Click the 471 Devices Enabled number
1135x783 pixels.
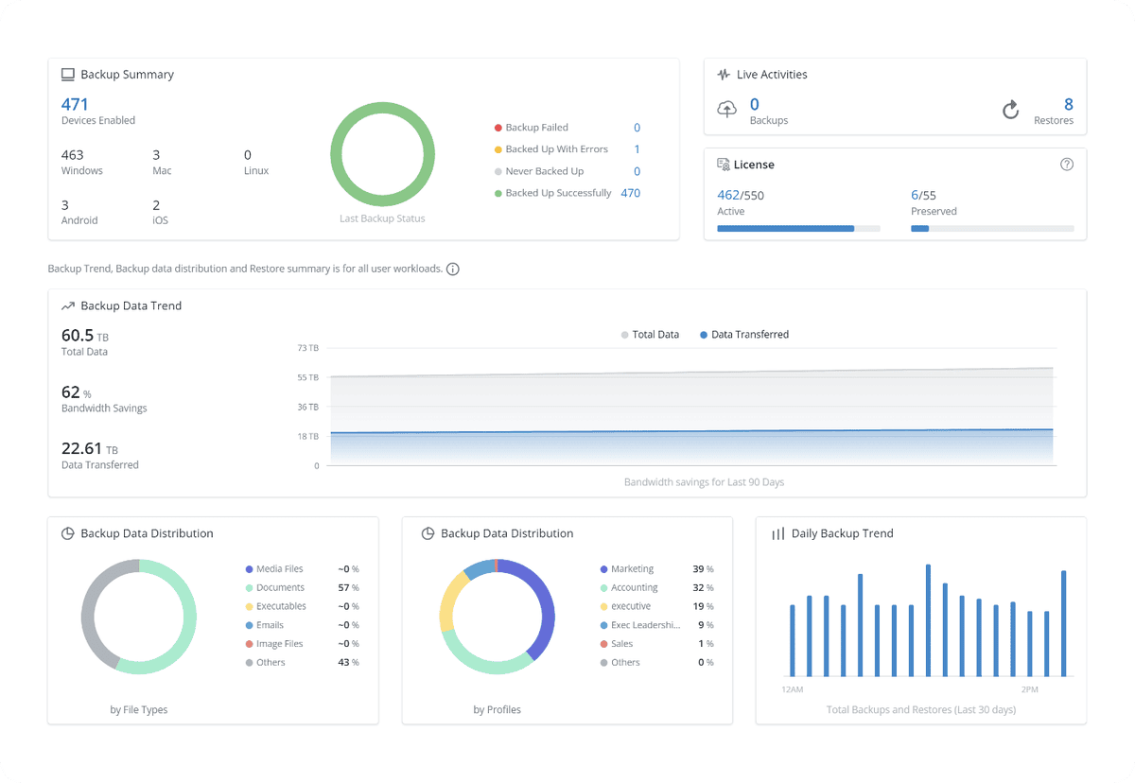75,104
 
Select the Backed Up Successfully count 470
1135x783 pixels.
630,193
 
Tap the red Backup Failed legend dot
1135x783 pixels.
498,128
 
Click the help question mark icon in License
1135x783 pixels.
1067,165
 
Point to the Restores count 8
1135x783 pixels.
1068,104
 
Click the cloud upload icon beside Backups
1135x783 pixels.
727,110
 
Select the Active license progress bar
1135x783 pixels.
798,228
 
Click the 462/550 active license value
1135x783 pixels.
741,195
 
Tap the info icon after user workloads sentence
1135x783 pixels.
453,270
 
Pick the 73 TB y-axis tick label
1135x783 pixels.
308,348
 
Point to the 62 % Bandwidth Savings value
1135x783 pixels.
76,392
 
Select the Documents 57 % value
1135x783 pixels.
347,587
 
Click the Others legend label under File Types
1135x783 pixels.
271,662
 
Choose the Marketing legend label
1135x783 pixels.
632,569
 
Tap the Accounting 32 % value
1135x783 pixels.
703,587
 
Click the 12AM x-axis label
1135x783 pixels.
793,689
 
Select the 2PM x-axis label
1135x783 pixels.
1032,689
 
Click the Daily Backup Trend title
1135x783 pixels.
842,533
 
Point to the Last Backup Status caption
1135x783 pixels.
382,218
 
